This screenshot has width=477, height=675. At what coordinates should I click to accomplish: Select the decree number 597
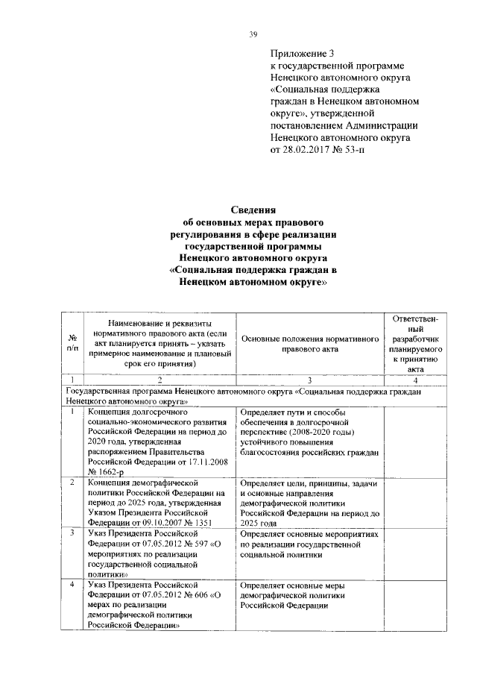pos(200,545)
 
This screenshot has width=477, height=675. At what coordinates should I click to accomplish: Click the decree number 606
pos(200,596)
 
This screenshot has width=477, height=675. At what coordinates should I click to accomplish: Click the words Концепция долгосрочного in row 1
pos(136,411)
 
